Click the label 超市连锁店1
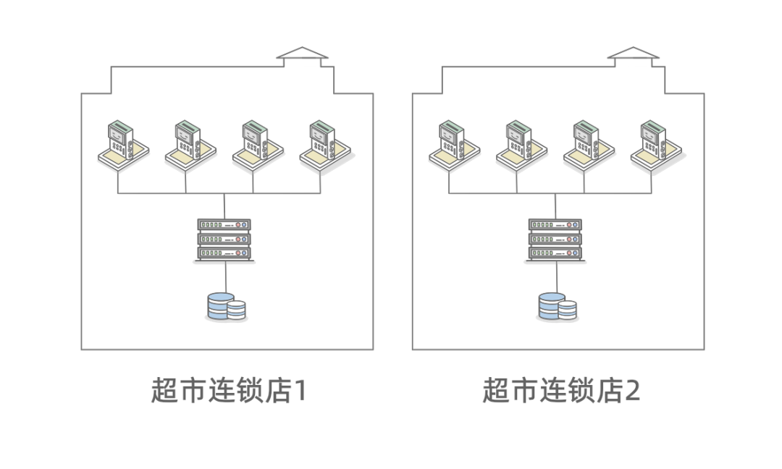point(229,390)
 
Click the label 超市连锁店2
point(561,390)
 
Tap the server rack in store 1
point(224,240)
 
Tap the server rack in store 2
point(555,240)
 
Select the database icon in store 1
point(227,307)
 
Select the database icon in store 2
point(558,307)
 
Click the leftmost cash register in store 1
point(123,145)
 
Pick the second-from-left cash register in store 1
point(190,145)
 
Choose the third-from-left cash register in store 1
point(258,145)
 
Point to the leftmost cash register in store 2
point(454,145)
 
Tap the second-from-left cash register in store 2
point(521,145)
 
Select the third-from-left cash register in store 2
point(589,145)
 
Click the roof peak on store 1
point(302,48)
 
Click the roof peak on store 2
point(634,48)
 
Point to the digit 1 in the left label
point(300,391)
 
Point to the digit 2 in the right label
point(632,391)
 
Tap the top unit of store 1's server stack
point(224,225)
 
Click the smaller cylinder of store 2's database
point(568,310)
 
